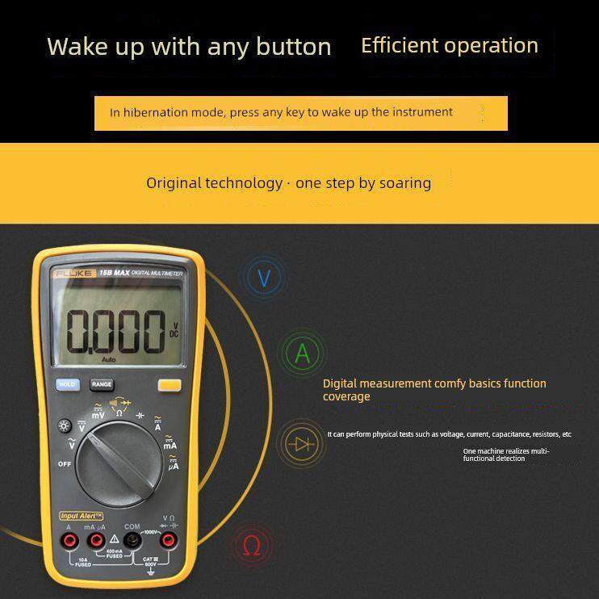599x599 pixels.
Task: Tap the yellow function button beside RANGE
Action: pyautogui.click(x=169, y=385)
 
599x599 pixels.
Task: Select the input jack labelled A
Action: pyautogui.click(x=70, y=539)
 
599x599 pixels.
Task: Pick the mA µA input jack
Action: pyautogui.click(x=96, y=539)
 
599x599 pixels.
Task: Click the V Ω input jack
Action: pyautogui.click(x=168, y=539)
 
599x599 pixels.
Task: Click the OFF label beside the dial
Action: pyautogui.click(x=65, y=464)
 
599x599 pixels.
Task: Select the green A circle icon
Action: pyautogui.click(x=302, y=353)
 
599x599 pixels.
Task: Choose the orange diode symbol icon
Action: pyautogui.click(x=303, y=443)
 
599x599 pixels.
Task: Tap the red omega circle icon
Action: pyautogui.click(x=252, y=547)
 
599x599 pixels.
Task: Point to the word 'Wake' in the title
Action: pyautogui.click(x=73, y=47)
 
